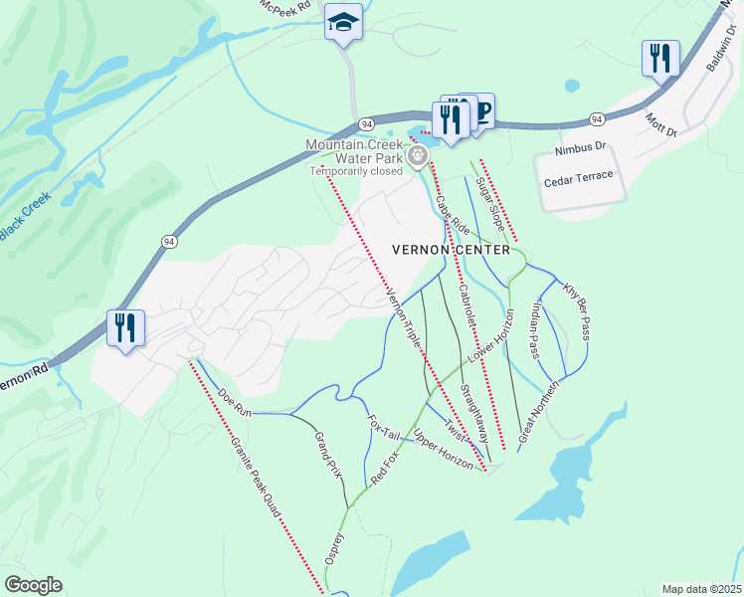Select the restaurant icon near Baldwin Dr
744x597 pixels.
pyautogui.click(x=659, y=59)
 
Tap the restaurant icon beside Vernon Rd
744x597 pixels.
pyautogui.click(x=126, y=328)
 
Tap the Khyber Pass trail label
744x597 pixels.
pyautogui.click(x=577, y=309)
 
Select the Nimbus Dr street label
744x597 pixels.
pyautogui.click(x=581, y=147)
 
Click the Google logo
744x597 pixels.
pyautogui.click(x=33, y=584)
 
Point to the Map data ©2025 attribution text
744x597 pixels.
pyautogui.click(x=700, y=589)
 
